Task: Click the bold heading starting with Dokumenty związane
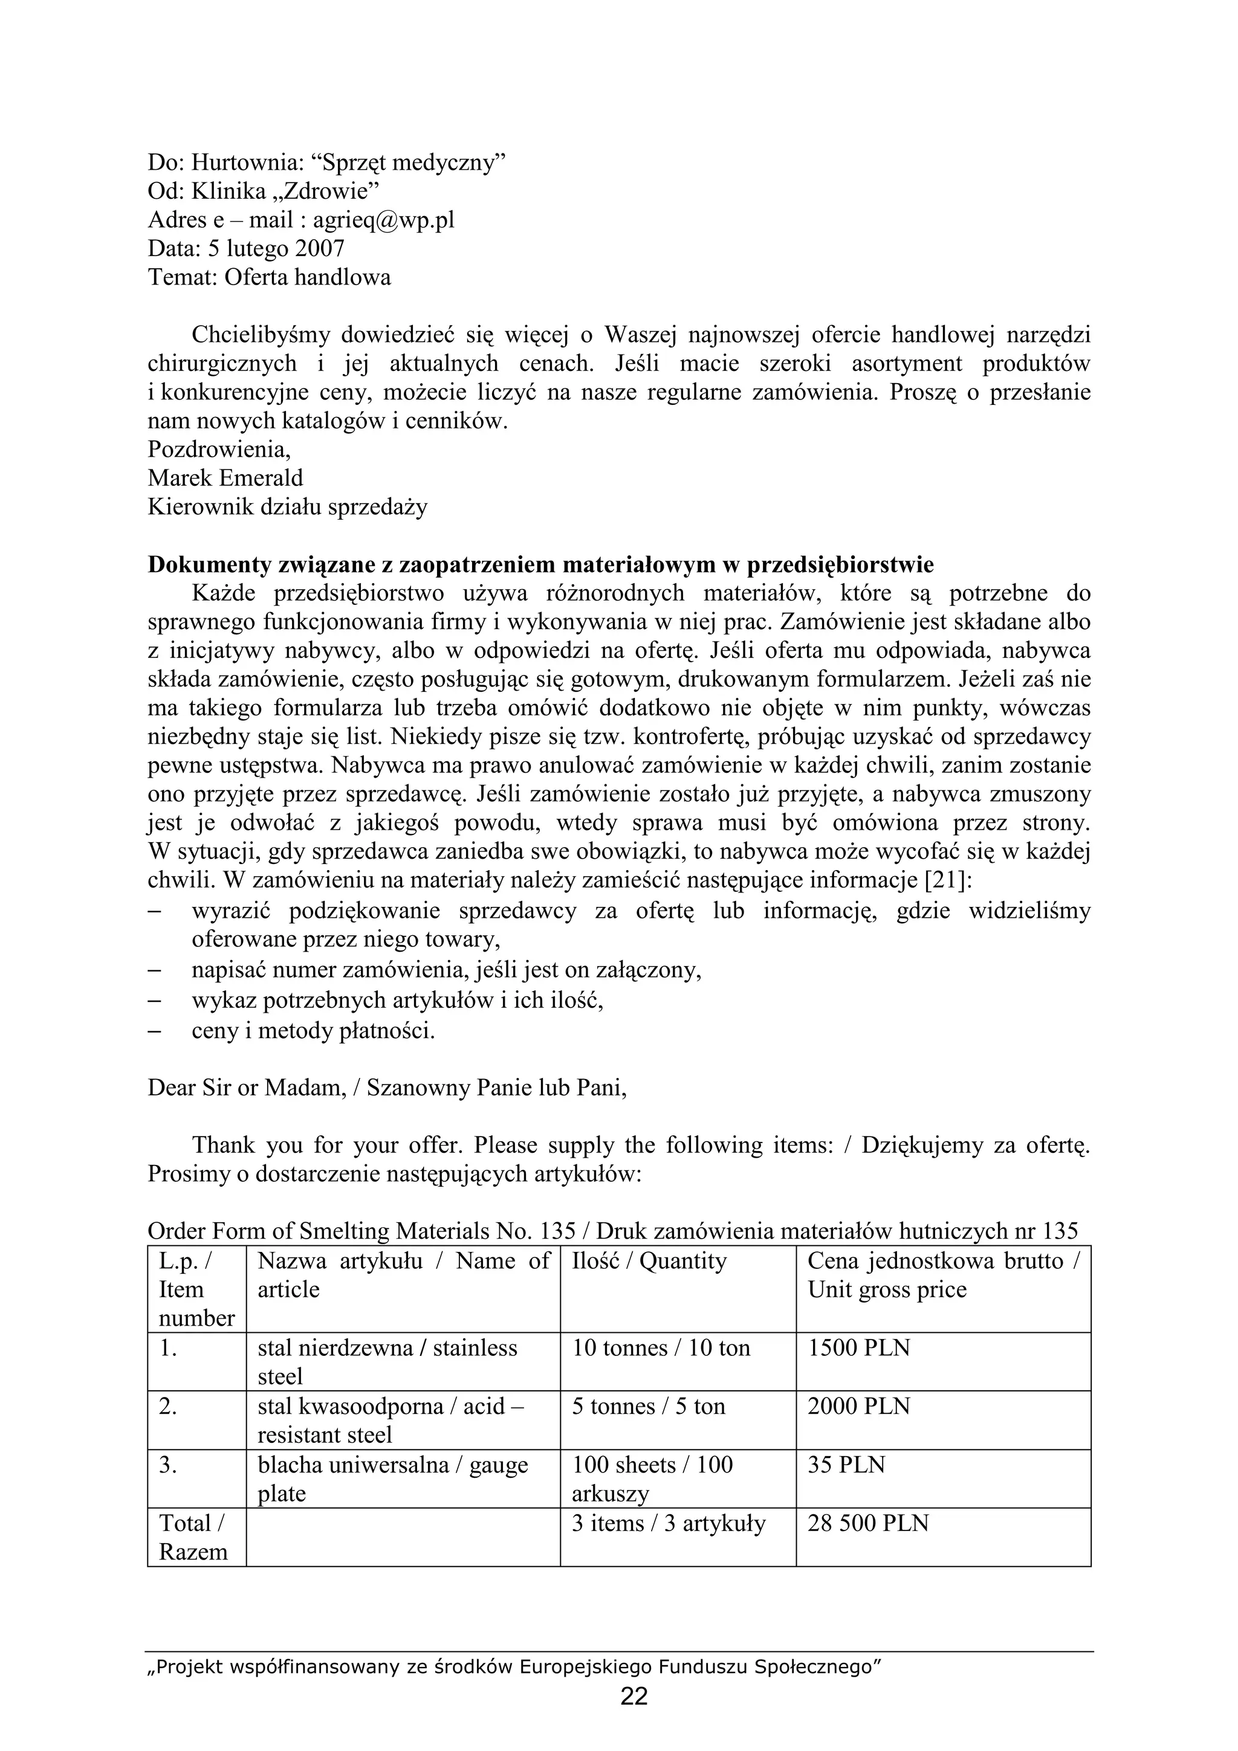click(540, 565)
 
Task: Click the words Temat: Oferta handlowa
click(269, 277)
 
